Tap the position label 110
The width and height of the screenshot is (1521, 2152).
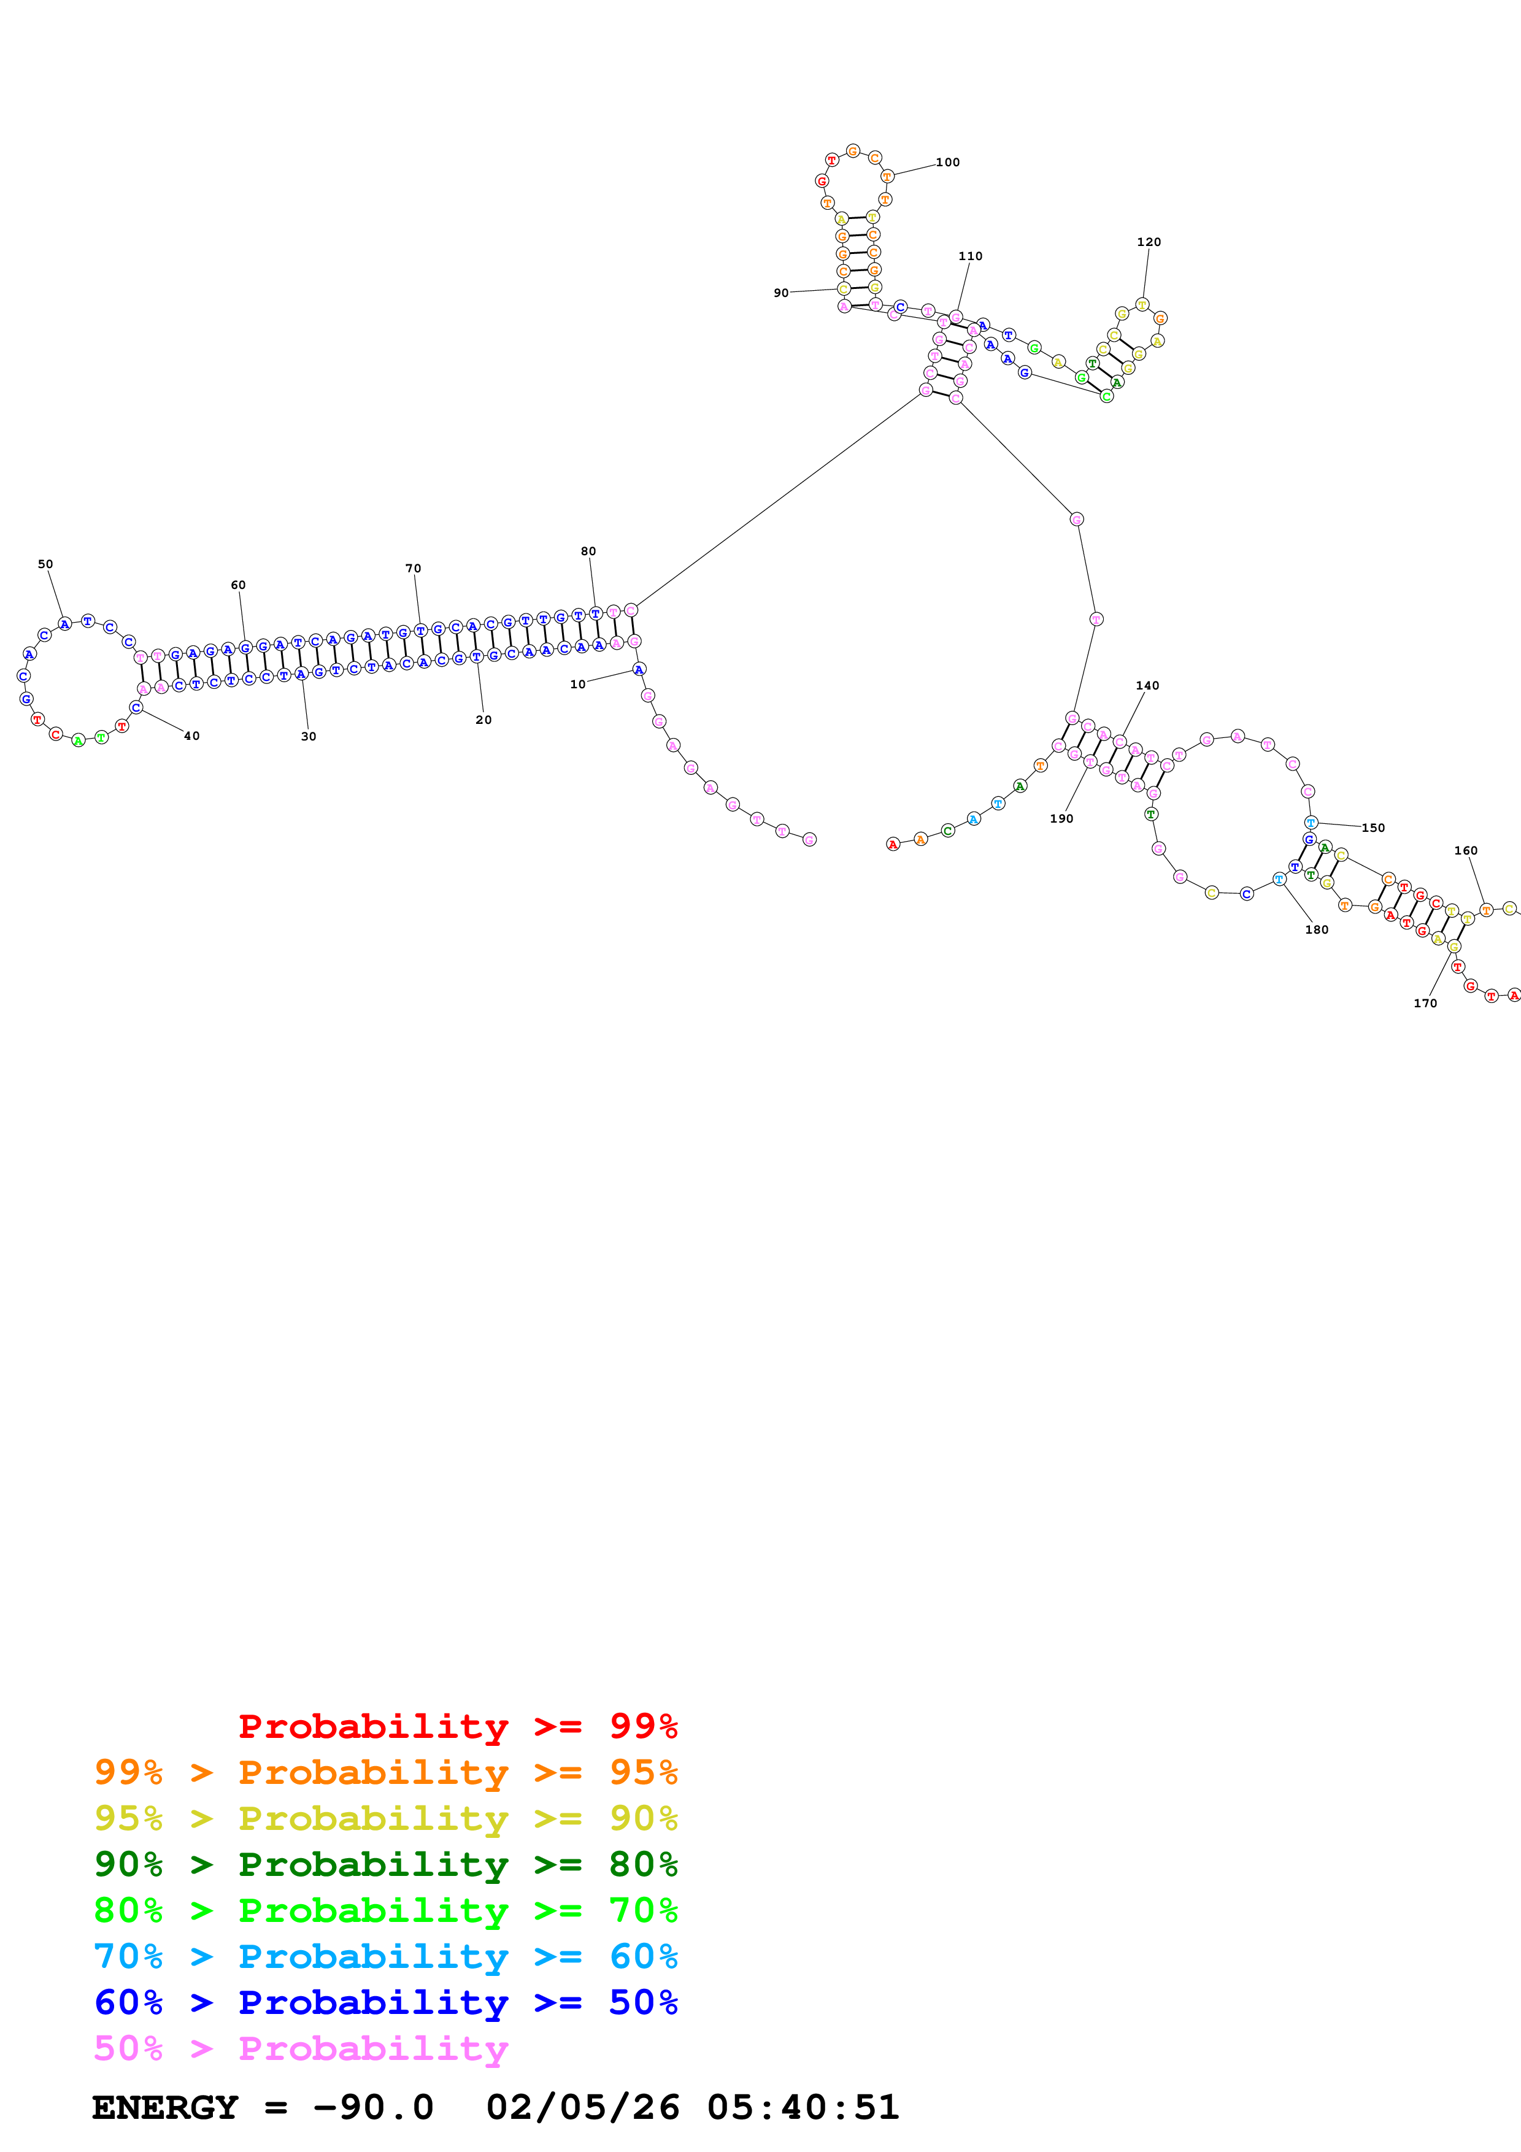pos(970,256)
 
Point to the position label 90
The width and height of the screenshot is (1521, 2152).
pos(780,293)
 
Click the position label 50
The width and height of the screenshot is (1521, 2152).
pos(45,564)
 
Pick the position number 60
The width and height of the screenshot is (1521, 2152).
pos(238,585)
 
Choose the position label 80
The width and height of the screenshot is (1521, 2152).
pos(588,551)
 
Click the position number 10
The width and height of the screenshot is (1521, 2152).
pos(577,684)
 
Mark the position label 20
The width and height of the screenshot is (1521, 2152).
pos(483,720)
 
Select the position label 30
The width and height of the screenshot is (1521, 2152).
pos(309,737)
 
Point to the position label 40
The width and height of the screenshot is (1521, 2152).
pos(191,736)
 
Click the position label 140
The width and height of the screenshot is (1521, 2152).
pos(1147,685)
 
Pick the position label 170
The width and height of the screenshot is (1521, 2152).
pos(1425,1003)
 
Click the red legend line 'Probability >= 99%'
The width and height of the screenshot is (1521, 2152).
pos(457,1726)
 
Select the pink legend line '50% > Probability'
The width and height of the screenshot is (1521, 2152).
pos(301,2049)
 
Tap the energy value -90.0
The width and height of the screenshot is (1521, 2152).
pos(373,2108)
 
